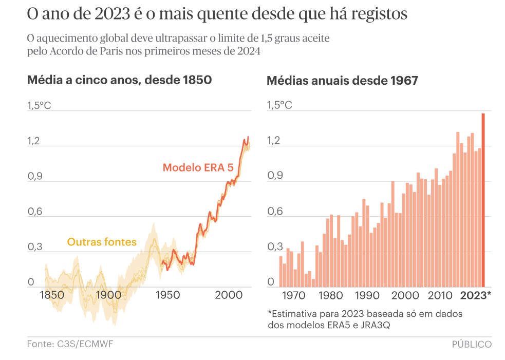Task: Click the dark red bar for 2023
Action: (483, 200)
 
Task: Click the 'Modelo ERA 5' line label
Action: (198, 167)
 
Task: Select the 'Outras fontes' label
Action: (102, 242)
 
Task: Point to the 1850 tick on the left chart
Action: (51, 295)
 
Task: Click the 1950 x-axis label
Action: (167, 295)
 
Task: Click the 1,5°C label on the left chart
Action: (39, 106)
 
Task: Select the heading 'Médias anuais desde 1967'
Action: (342, 81)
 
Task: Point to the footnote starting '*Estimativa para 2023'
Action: (365, 313)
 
